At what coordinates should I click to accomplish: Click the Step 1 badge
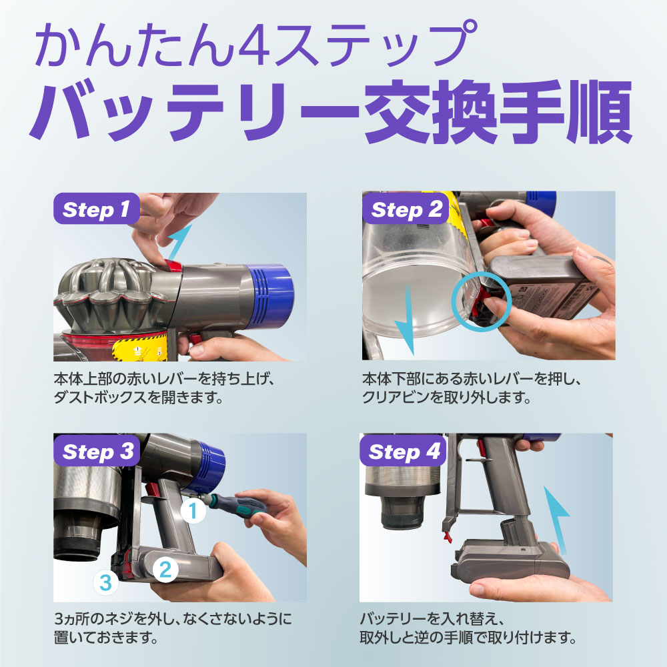(x=97, y=208)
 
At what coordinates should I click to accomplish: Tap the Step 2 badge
(x=406, y=208)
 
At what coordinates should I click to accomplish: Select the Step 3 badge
(x=97, y=450)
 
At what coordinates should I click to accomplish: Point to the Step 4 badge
(x=402, y=450)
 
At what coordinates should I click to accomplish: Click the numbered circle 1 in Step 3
(x=193, y=510)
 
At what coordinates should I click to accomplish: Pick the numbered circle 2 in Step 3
(x=165, y=569)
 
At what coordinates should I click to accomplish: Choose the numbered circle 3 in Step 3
(x=105, y=583)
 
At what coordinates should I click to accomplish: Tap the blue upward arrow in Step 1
(x=179, y=243)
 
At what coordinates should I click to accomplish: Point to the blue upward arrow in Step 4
(x=557, y=520)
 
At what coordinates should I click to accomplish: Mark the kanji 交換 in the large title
(x=430, y=111)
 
